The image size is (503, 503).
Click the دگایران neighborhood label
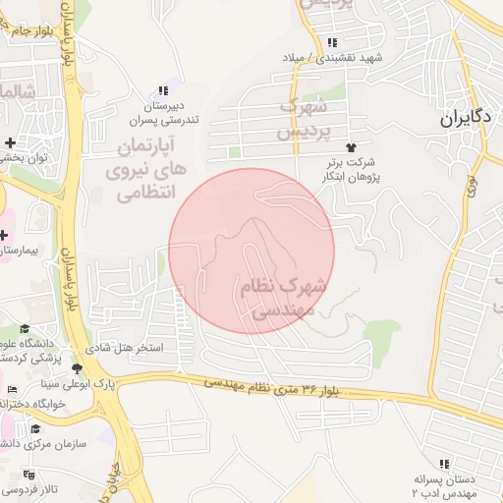pyautogui.click(x=465, y=119)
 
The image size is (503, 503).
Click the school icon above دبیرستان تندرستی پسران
pyautogui.click(x=163, y=89)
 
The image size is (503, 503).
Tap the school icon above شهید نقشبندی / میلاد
pyautogui.click(x=334, y=42)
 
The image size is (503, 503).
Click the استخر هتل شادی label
pyautogui.click(x=136, y=348)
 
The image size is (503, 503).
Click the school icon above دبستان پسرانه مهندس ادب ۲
pyautogui.click(x=446, y=463)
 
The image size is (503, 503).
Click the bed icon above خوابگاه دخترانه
pyautogui.click(x=12, y=390)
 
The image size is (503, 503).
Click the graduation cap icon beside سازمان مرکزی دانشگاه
pyautogui.click(x=36, y=428)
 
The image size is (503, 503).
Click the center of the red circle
pyautogui.click(x=251, y=251)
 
